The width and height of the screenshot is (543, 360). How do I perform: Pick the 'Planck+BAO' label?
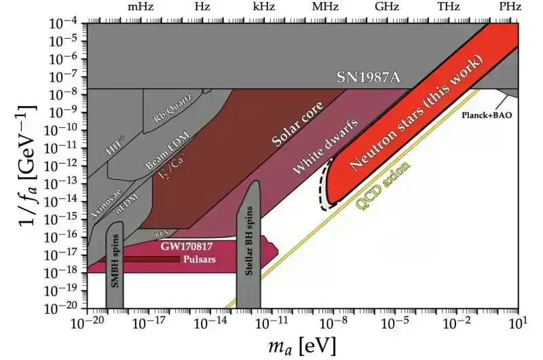click(x=487, y=115)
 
